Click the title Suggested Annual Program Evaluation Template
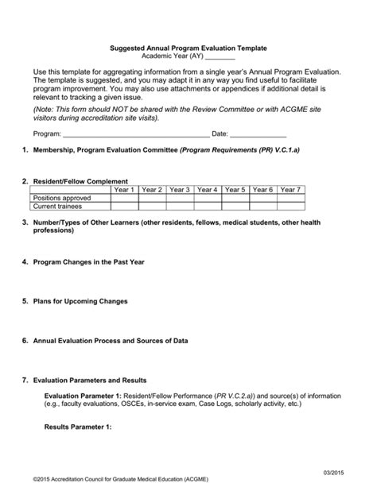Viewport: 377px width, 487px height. pos(188,48)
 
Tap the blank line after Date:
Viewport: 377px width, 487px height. pos(258,134)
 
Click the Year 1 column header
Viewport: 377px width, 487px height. pos(123,190)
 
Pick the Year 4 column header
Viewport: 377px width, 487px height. pos(207,190)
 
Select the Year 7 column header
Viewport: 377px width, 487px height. pos(290,190)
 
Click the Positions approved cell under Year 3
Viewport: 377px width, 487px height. pos(179,198)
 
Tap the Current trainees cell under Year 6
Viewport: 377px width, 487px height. pos(262,206)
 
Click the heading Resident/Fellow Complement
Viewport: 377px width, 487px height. pos(80,181)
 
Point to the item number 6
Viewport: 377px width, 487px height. pos(25,341)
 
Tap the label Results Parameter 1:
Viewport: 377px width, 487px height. pos(78,427)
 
